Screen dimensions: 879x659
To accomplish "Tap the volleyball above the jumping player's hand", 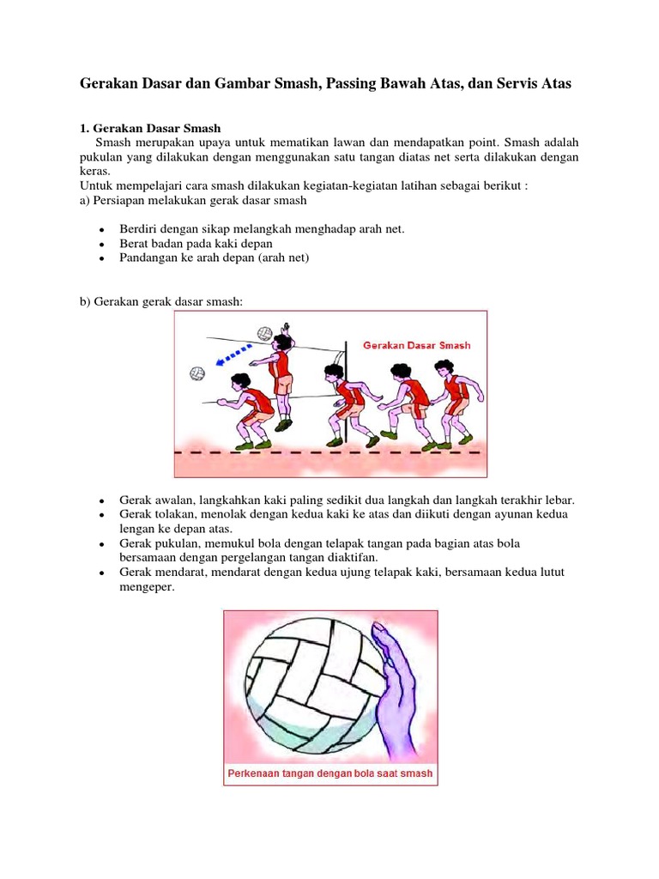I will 265,333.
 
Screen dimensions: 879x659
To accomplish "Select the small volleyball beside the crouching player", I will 197,373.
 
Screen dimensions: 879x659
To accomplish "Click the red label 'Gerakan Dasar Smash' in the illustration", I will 416,346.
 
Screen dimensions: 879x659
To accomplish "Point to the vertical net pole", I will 344,386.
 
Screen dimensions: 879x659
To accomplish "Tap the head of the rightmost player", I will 444,370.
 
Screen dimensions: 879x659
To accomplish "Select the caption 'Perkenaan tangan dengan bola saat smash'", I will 330,773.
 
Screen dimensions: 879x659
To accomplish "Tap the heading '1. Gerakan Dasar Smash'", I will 150,128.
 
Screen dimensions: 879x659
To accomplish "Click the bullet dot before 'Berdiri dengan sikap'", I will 101,231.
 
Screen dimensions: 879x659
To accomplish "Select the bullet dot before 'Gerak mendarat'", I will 101,573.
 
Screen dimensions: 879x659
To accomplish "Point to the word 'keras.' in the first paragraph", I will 96,171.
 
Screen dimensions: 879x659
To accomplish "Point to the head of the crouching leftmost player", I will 238,382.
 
